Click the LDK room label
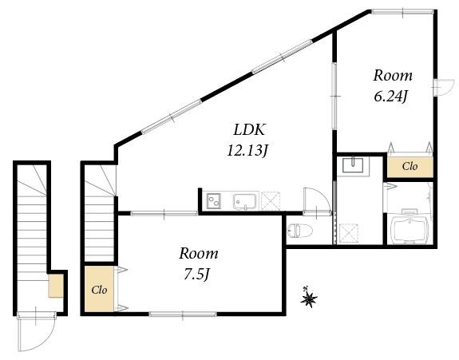249,129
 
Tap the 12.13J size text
247,151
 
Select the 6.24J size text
391,97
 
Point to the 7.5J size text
196,275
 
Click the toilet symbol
300,231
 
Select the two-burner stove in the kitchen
213,201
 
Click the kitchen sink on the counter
246,201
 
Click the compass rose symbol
309,298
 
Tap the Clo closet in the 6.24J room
410,167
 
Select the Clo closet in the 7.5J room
99,289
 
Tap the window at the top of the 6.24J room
402,11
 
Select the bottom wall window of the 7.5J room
183,314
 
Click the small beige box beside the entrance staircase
56,286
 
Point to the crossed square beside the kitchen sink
271,201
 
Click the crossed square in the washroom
349,233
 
